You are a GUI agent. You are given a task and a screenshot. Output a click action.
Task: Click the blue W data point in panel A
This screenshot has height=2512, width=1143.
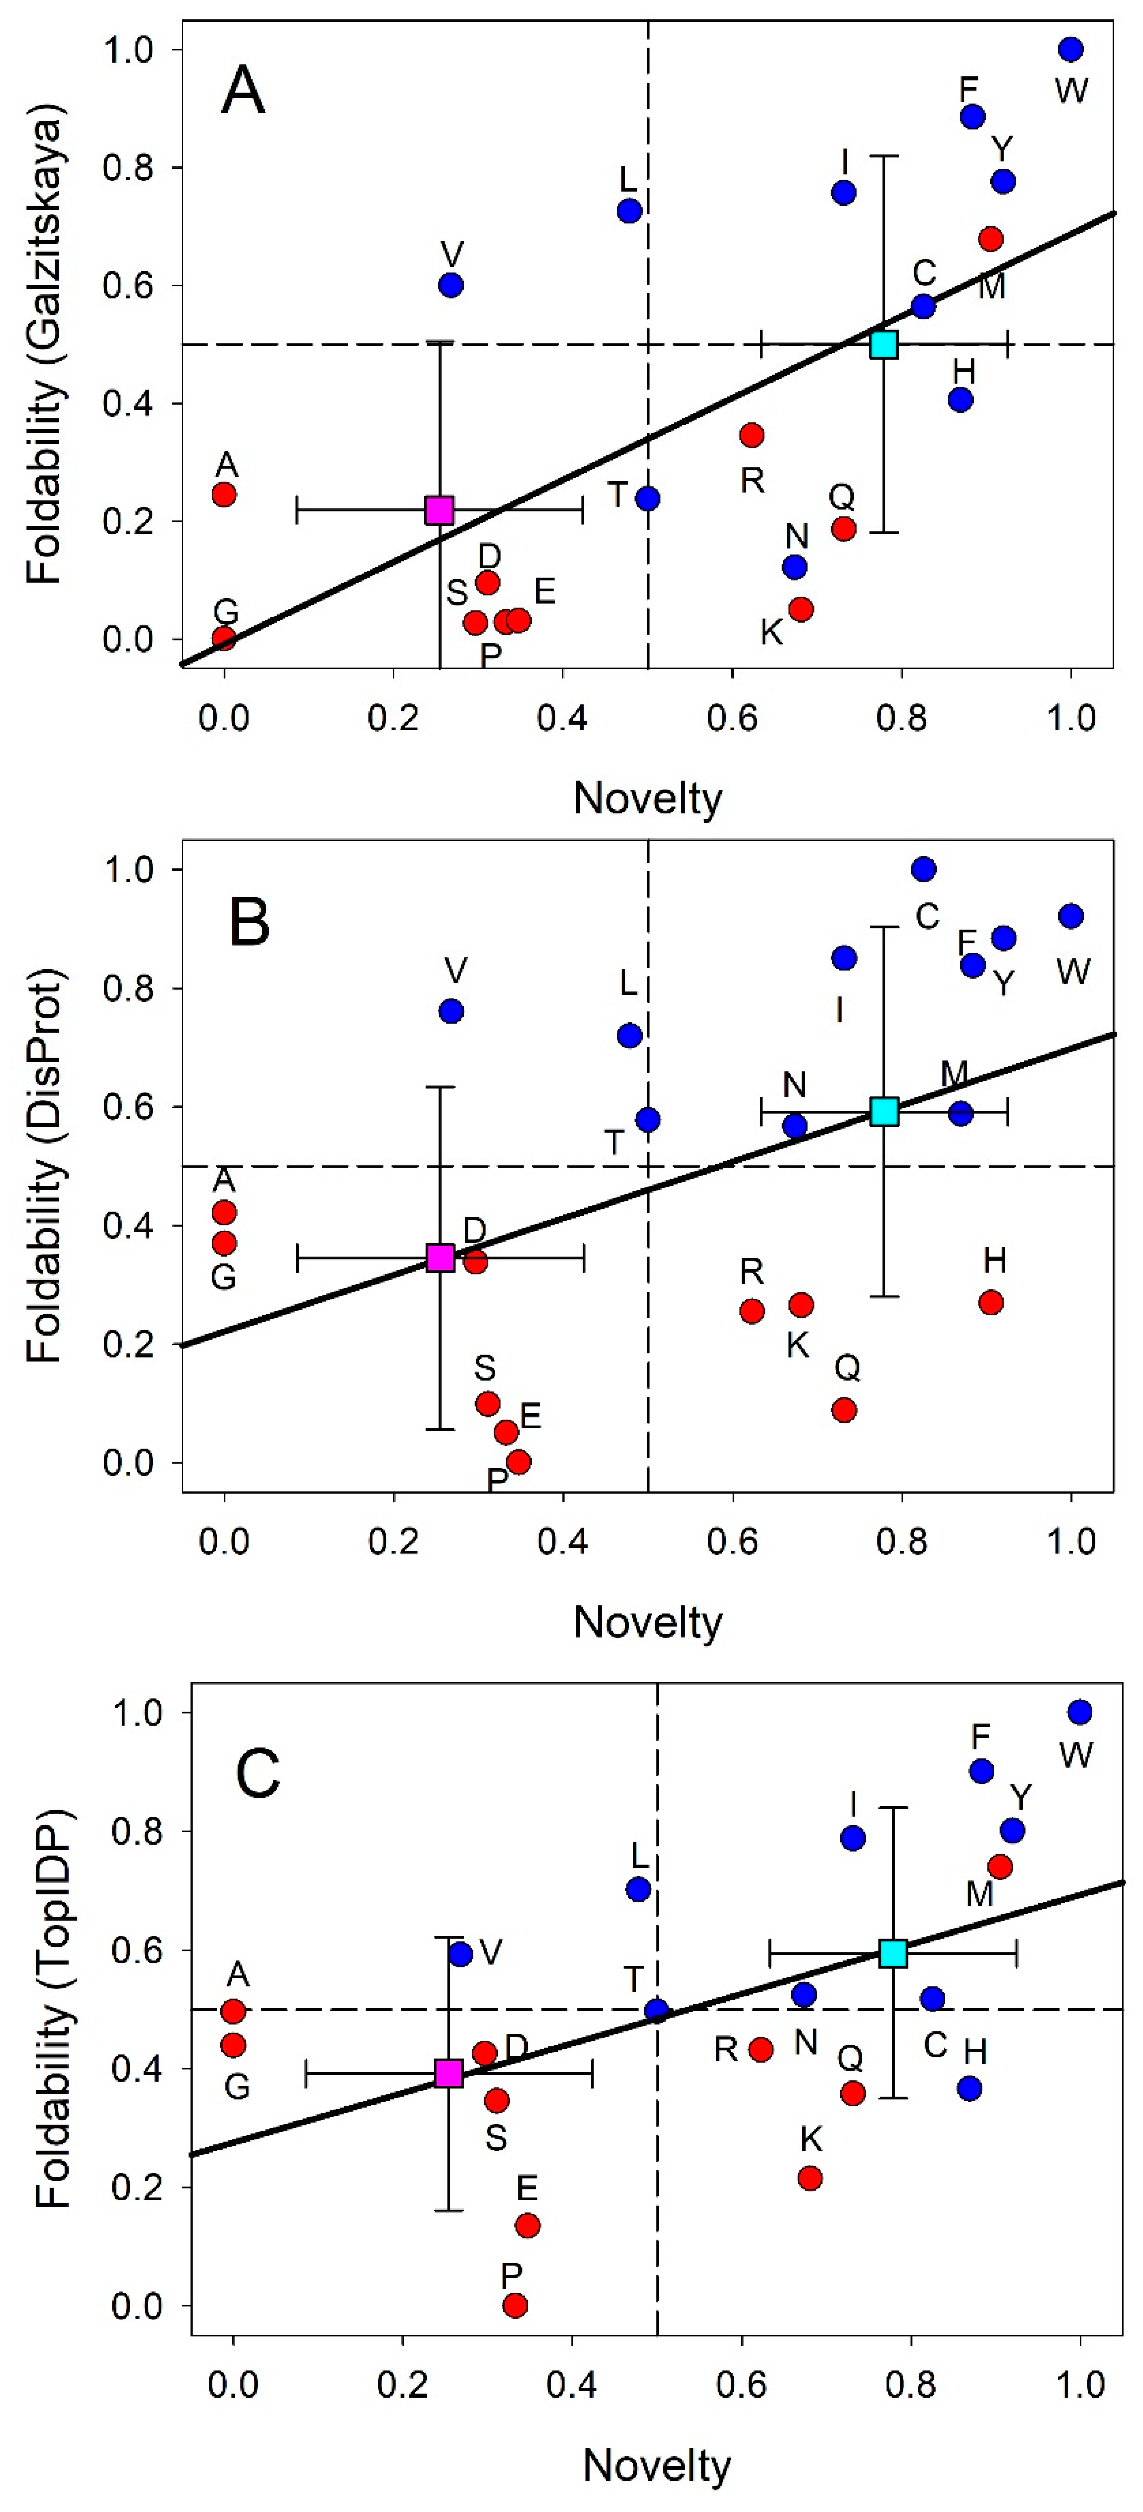(x=1071, y=49)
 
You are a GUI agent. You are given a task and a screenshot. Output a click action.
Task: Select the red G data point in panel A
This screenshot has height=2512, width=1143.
(x=224, y=639)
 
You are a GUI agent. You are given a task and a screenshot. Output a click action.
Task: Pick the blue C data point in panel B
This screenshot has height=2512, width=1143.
(x=924, y=868)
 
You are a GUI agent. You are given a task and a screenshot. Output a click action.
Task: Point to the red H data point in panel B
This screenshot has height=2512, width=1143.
(x=991, y=1302)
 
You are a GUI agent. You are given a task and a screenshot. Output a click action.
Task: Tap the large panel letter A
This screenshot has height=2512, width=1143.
(x=243, y=91)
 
